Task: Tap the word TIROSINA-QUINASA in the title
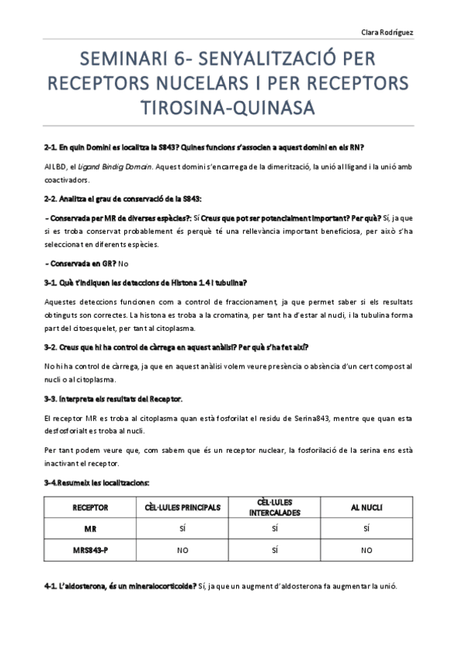point(231,107)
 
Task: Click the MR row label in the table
point(89,529)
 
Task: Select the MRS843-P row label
point(89,550)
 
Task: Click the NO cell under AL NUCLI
point(366,551)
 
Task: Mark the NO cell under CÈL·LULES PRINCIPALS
point(183,551)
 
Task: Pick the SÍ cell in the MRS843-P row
point(275,551)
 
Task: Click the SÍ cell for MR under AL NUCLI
point(366,529)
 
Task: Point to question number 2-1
point(52,147)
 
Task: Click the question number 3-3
point(52,398)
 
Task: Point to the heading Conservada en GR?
point(77,264)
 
